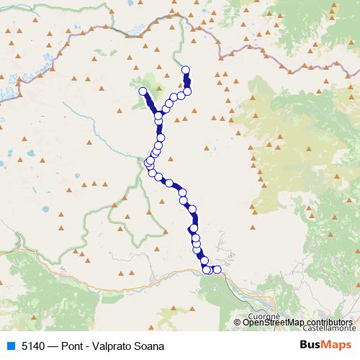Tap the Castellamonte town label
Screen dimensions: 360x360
click(329, 327)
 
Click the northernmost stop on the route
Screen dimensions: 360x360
click(186, 70)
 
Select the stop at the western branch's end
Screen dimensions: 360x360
click(143, 91)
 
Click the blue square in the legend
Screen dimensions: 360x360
click(10, 346)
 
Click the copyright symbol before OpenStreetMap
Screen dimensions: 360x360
click(238, 322)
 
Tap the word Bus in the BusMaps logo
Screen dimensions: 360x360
click(311, 346)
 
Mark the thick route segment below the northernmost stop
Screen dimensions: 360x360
click(186, 81)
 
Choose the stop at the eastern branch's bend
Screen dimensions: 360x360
click(187, 91)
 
